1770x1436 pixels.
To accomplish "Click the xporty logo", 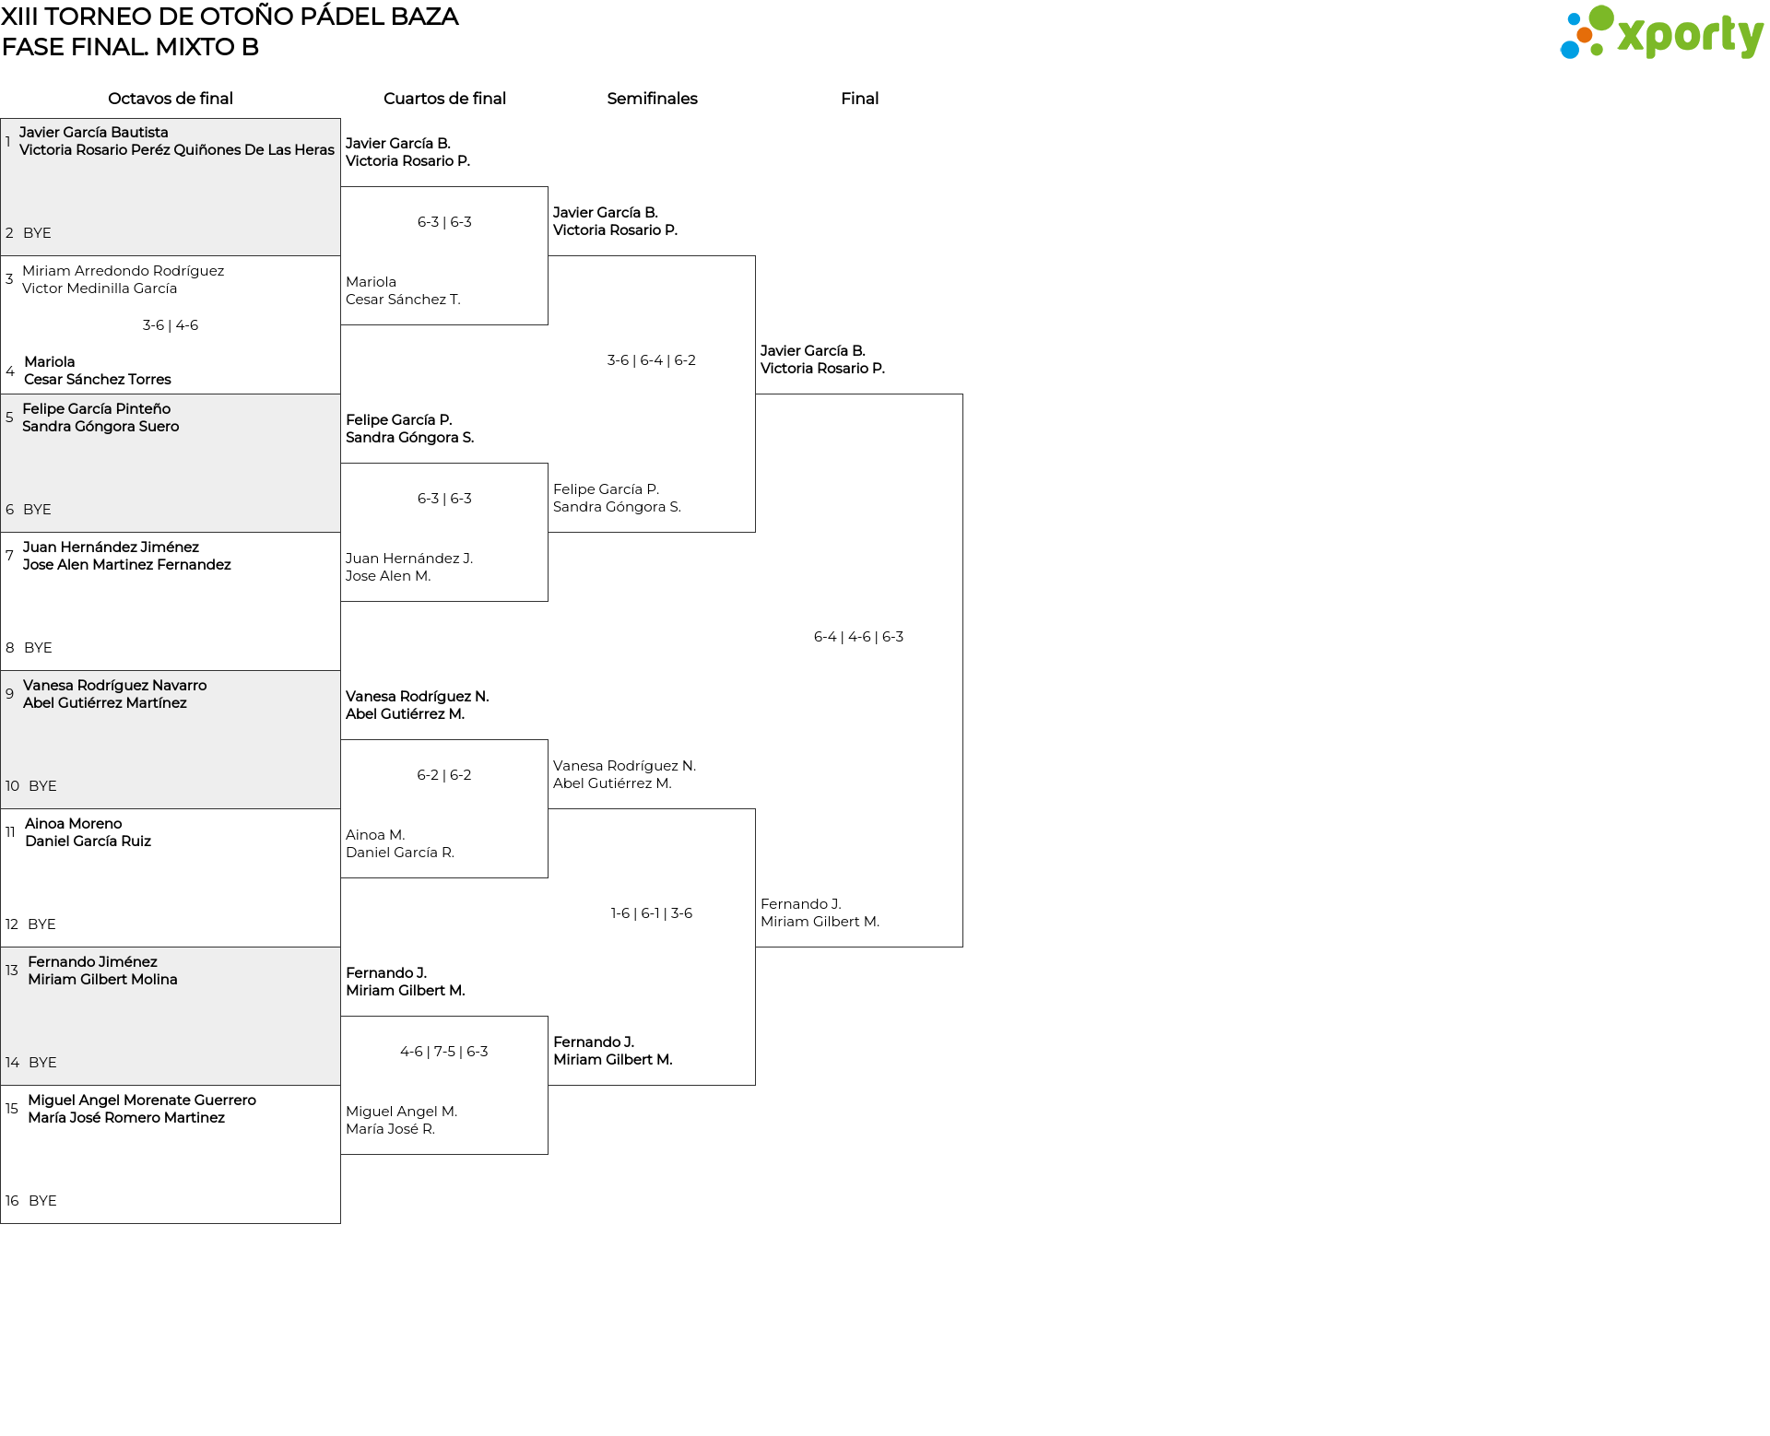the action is point(1661,33).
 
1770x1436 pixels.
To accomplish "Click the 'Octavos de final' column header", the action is point(171,99).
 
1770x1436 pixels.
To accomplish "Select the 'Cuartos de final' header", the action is point(444,99).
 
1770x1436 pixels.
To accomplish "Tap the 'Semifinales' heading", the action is point(652,99).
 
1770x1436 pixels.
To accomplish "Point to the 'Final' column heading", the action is point(859,99).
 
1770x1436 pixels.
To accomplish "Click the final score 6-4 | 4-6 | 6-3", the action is point(858,637).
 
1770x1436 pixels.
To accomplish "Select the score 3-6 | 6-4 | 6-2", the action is point(651,360).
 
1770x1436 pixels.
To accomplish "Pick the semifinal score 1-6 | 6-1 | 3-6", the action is point(651,913).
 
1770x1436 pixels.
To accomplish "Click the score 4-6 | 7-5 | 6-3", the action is point(444,1052).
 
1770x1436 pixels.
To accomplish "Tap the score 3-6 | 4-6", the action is point(171,325).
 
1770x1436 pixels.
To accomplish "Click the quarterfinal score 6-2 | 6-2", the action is point(444,775).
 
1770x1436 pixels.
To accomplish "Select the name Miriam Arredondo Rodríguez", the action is point(124,271).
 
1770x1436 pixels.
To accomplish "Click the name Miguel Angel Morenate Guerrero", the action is point(142,1101).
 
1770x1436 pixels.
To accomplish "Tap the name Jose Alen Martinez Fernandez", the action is point(127,565).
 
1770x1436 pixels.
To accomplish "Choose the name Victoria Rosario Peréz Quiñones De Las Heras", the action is point(177,150).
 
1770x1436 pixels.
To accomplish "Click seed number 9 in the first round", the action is point(10,694).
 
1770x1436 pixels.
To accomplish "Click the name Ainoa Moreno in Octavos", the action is point(74,824).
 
